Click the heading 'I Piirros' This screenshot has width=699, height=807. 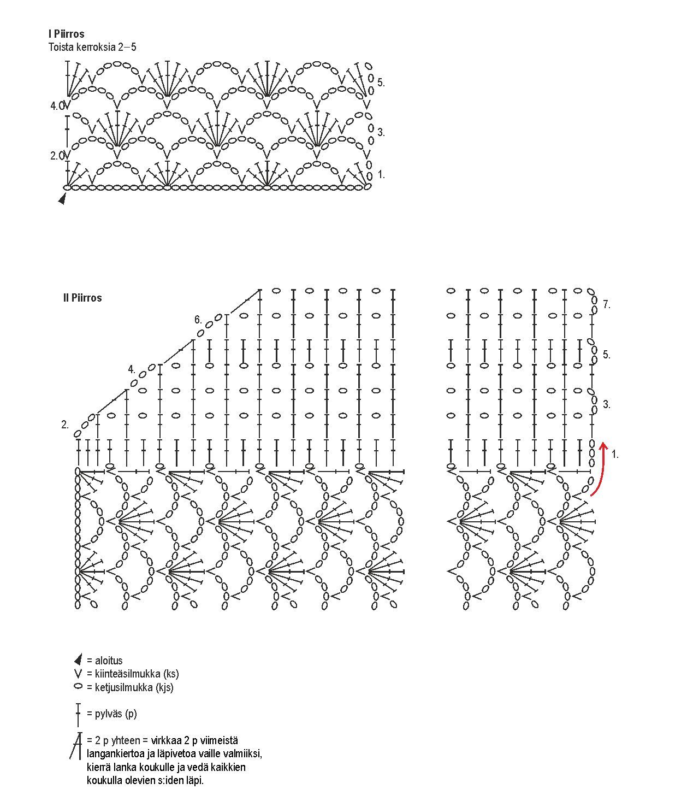point(66,34)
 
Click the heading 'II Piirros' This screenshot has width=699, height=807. point(82,298)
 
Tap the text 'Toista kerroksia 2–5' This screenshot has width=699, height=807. point(92,47)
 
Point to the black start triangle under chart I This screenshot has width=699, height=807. point(62,199)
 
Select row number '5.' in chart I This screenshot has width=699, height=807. point(381,83)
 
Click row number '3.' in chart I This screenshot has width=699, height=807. point(381,132)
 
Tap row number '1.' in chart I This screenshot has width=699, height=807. point(381,175)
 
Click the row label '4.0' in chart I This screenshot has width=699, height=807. point(57,106)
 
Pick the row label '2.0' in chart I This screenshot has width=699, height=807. point(57,156)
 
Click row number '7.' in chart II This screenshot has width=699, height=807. point(606,305)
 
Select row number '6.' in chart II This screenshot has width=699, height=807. point(198,320)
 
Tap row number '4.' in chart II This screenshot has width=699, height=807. point(132,369)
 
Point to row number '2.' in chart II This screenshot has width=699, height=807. point(65,425)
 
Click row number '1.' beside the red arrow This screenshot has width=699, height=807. point(615,454)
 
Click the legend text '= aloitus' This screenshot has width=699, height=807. point(105,661)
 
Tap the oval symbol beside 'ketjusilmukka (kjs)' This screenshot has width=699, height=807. point(78,687)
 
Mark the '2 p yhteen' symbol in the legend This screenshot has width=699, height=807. point(76,745)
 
